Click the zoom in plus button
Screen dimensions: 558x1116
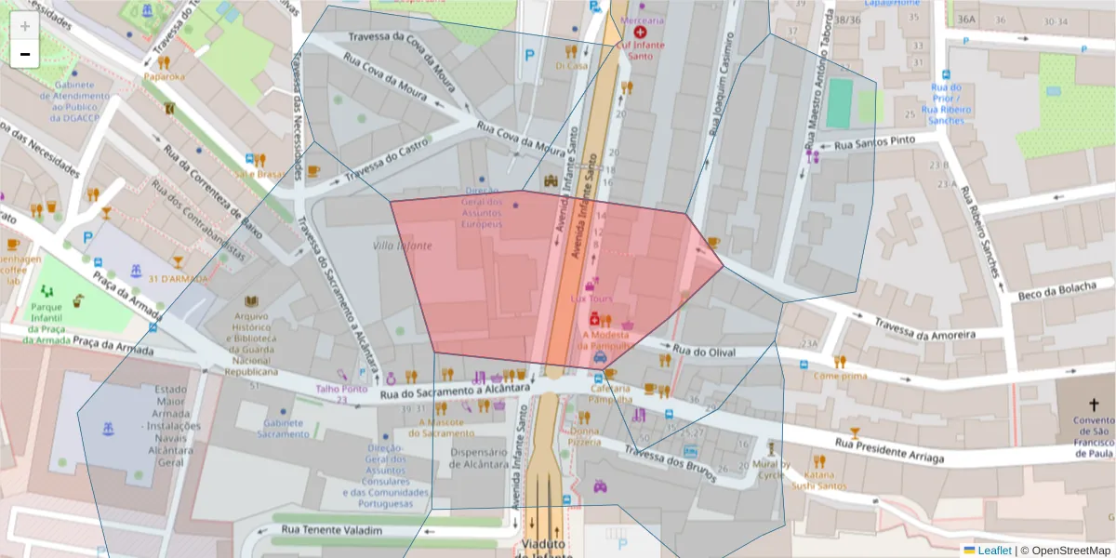click(x=25, y=27)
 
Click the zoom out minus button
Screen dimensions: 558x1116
click(x=25, y=54)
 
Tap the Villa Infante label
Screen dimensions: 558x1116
click(x=402, y=246)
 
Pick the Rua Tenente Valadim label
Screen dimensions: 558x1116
click(x=330, y=530)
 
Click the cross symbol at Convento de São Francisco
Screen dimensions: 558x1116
click(x=1094, y=405)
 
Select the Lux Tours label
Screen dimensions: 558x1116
click(x=591, y=299)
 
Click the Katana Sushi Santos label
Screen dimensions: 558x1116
click(x=818, y=479)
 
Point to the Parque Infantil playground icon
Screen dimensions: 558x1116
click(x=47, y=291)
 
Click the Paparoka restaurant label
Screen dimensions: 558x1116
click(x=164, y=76)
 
